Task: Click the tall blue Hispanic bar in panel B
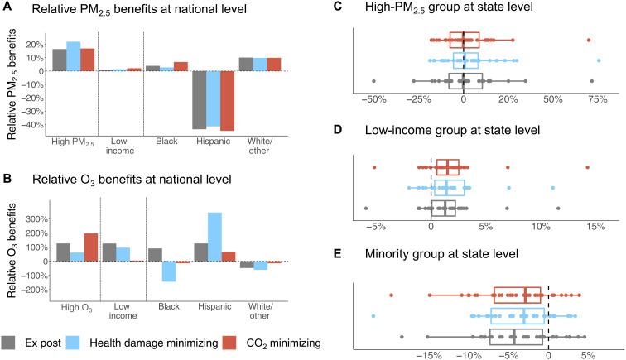tap(214, 237)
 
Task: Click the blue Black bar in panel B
tap(167, 271)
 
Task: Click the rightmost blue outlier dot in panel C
tap(599, 60)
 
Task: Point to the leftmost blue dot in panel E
tap(373, 316)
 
